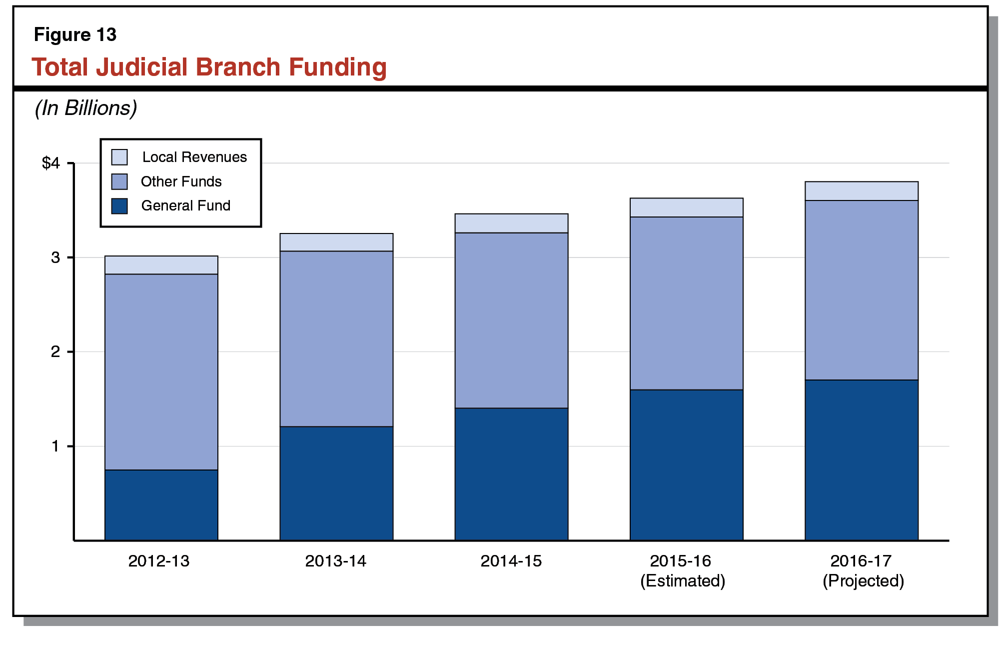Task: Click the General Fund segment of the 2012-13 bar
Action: [161, 505]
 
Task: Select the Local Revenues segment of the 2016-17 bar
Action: [861, 191]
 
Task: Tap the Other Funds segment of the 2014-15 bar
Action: [511, 320]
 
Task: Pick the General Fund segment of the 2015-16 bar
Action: [686, 465]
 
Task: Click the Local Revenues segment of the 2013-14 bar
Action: [336, 242]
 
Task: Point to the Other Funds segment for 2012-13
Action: [161, 371]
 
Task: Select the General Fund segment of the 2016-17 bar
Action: [861, 460]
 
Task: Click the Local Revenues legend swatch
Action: [119, 157]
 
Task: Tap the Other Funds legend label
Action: [181, 181]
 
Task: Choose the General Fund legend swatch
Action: [119, 205]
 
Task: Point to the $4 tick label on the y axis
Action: [51, 163]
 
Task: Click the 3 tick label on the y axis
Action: [55, 257]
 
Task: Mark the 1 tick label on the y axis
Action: [55, 446]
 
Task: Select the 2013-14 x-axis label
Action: [335, 561]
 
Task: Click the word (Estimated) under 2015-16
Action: [683, 581]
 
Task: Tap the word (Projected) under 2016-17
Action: [863, 581]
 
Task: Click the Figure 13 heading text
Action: [75, 34]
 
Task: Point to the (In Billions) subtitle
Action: [85, 108]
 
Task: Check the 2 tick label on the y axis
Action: [55, 351]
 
